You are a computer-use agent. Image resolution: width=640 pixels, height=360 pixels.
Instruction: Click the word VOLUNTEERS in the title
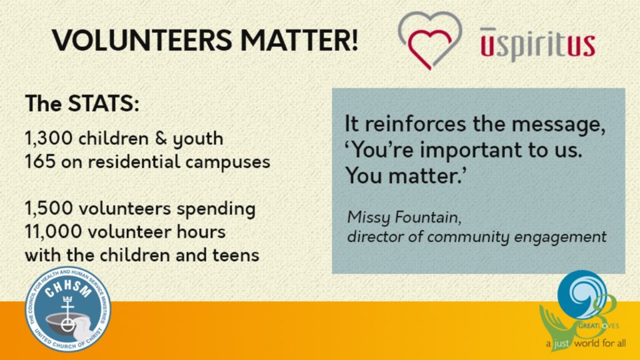(142, 40)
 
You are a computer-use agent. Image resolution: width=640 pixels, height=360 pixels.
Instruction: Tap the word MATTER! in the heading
(299, 40)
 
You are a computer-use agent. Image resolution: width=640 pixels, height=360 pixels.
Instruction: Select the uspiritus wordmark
(537, 45)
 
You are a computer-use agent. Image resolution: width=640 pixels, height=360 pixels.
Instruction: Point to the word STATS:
(103, 103)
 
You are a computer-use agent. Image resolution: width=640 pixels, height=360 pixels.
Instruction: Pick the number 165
(40, 162)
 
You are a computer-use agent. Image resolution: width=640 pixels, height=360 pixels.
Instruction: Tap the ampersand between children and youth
(161, 138)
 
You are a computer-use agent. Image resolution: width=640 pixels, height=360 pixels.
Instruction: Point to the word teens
(236, 255)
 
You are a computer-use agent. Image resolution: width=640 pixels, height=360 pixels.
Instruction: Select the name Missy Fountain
(404, 217)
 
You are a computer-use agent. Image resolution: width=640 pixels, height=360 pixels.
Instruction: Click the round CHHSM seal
(67, 309)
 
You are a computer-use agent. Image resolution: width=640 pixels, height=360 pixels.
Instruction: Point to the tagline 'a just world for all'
(586, 343)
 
